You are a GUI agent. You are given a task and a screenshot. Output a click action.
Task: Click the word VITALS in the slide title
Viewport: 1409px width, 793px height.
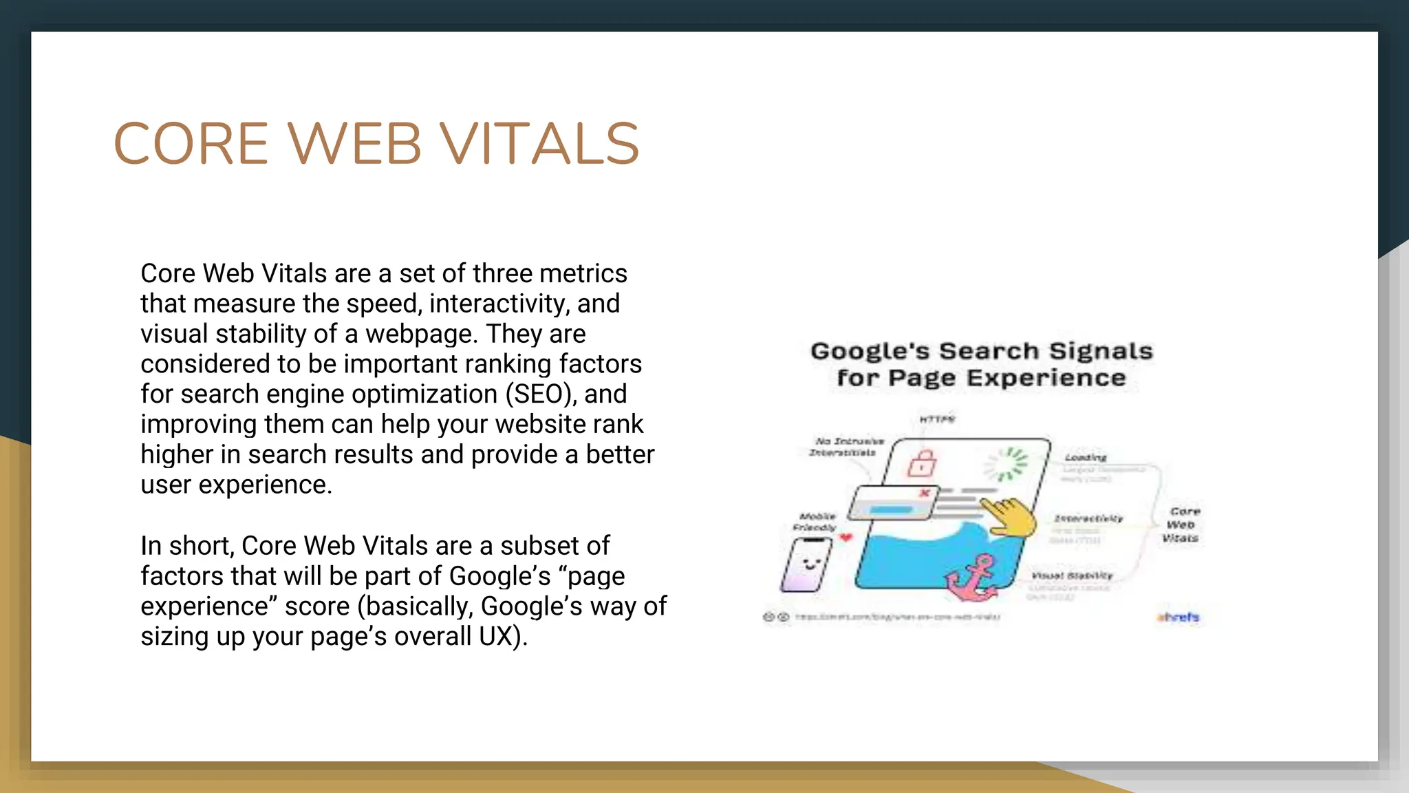click(539, 144)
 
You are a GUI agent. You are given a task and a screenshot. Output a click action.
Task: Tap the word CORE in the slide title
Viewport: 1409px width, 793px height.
click(191, 144)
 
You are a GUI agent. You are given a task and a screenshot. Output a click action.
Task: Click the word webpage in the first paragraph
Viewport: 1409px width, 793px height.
click(421, 334)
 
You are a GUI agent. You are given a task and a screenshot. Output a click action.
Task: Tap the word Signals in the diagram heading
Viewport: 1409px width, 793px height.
click(1100, 351)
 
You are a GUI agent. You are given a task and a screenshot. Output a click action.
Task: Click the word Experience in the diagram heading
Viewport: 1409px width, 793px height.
click(1046, 378)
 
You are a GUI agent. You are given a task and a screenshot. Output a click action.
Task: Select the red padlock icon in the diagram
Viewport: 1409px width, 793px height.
click(922, 463)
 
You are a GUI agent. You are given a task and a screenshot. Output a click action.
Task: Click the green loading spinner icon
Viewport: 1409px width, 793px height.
click(1006, 463)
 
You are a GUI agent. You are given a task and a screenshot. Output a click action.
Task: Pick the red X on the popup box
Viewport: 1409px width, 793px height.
click(925, 493)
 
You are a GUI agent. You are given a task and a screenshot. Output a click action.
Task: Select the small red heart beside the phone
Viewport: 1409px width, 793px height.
click(846, 538)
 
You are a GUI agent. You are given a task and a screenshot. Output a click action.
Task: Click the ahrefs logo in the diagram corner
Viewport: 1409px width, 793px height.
click(1178, 617)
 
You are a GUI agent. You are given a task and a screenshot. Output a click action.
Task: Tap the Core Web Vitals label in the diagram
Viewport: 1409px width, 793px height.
click(1181, 525)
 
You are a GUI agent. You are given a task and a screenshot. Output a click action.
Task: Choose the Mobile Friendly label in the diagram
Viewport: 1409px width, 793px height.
click(815, 522)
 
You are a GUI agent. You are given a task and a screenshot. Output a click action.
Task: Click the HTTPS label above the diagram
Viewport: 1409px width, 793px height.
click(937, 419)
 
